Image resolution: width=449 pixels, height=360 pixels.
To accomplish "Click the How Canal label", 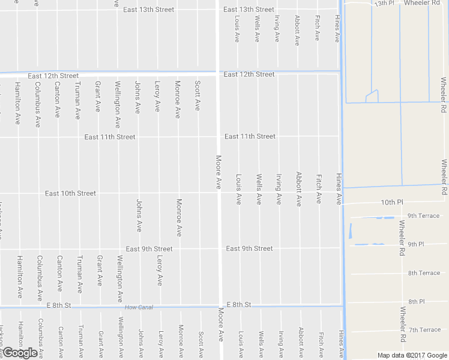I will tap(139, 308).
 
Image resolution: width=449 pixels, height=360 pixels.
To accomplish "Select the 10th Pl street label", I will tap(390, 203).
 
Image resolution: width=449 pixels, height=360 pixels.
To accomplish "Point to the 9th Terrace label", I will tap(423, 215).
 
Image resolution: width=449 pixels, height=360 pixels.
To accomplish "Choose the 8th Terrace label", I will tap(424, 273).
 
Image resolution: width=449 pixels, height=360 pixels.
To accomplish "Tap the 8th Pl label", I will tap(417, 301).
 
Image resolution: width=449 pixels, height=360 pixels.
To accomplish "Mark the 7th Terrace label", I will tap(424, 329).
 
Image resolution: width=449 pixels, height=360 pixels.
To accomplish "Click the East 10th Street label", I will tap(70, 193).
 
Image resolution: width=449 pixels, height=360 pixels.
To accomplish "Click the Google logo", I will tap(20, 353).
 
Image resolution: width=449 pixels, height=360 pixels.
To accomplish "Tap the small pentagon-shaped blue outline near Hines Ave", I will tap(372, 95).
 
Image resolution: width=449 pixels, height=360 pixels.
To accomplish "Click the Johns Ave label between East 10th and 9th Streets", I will tap(139, 215).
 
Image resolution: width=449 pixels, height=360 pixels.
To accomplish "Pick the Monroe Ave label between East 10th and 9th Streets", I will tap(178, 218).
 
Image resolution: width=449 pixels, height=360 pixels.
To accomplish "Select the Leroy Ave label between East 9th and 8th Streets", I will tap(159, 271).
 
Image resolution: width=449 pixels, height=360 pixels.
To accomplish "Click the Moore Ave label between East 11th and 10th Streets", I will tap(219, 171).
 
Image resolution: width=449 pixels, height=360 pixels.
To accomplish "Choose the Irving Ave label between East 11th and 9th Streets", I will tap(279, 190).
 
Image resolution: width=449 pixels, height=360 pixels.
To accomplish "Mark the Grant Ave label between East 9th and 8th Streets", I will tap(99, 271).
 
